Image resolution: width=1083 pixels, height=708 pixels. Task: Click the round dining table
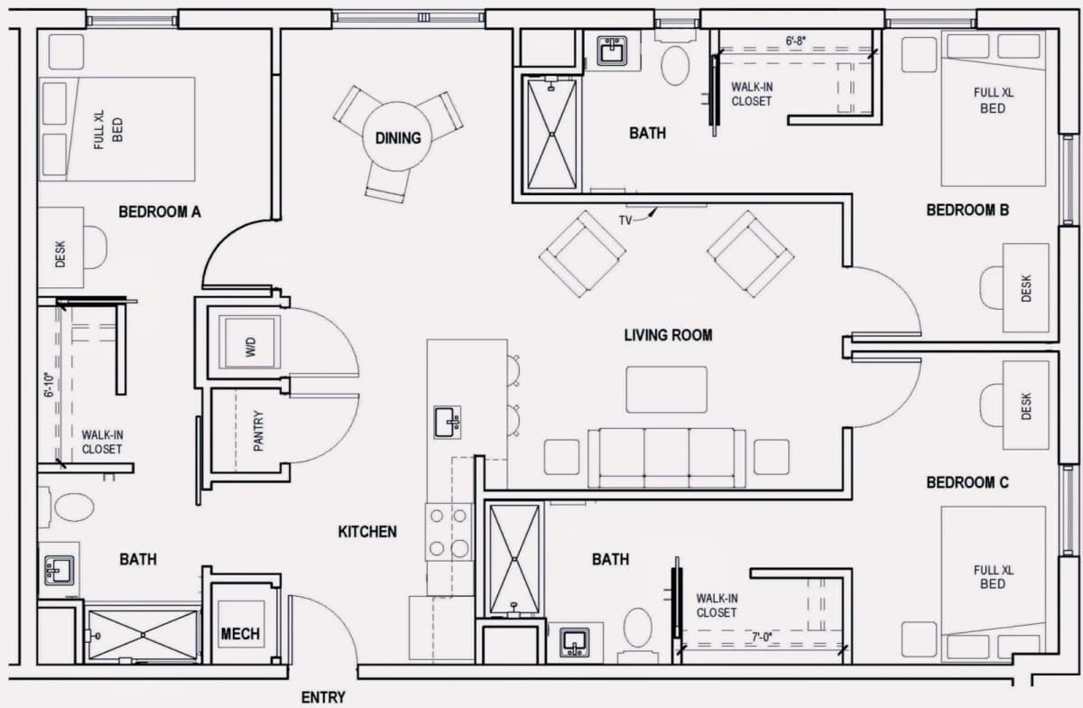(x=398, y=136)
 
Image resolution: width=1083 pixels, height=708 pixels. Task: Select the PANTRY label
(x=259, y=431)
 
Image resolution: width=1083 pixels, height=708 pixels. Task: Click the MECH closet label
(x=240, y=633)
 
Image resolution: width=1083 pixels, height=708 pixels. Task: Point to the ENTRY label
(x=323, y=697)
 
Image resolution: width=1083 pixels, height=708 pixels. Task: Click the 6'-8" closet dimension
(x=795, y=42)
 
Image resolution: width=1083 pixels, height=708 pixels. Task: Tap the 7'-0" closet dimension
(x=762, y=638)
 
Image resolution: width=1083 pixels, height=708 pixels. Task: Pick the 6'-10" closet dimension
(x=50, y=385)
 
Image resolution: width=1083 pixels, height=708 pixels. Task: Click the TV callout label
(x=625, y=220)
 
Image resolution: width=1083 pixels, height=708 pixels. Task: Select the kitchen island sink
(x=448, y=422)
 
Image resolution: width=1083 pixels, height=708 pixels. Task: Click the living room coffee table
(x=666, y=389)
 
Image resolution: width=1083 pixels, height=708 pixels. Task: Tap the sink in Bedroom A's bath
(x=59, y=570)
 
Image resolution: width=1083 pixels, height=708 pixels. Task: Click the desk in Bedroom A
(x=61, y=247)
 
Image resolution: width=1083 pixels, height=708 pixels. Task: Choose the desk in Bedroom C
(x=1026, y=405)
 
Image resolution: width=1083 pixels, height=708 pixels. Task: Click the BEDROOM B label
(x=967, y=210)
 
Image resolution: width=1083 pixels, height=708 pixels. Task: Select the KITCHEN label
(x=367, y=532)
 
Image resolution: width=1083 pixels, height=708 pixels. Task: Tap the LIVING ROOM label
(x=668, y=335)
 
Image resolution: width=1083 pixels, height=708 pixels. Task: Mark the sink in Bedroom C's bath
(x=574, y=642)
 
